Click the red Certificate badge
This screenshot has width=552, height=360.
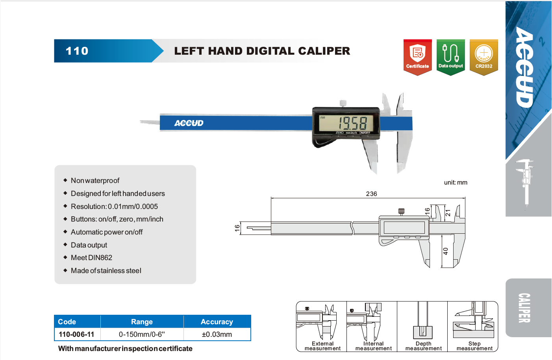click(417, 57)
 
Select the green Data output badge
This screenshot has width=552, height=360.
click(451, 57)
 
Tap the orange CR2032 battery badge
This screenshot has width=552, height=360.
click(484, 57)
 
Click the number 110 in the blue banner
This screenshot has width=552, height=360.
click(77, 51)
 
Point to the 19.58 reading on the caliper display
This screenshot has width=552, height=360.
click(353, 123)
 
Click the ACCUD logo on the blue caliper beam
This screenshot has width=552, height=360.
click(189, 123)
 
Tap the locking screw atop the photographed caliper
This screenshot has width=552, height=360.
click(343, 103)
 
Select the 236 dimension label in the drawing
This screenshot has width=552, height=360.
click(371, 194)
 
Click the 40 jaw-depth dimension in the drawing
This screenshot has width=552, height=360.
click(446, 251)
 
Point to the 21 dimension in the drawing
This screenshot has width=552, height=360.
click(448, 213)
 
